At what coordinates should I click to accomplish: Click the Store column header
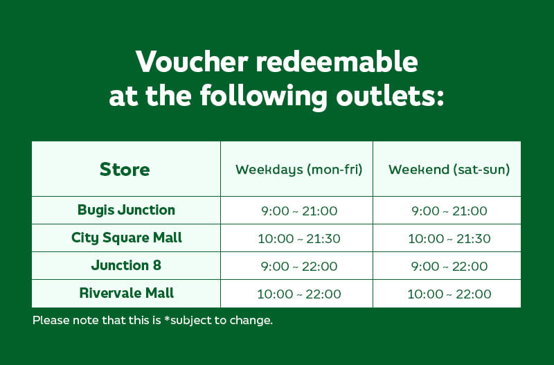(x=125, y=169)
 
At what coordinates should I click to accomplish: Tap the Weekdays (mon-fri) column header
(x=299, y=170)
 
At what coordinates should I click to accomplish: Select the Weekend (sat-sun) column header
(x=449, y=170)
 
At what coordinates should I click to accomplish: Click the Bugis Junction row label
(x=126, y=210)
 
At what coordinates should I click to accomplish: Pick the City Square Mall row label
(x=127, y=238)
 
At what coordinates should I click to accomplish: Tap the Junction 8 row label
(x=126, y=265)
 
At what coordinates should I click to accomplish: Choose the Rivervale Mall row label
(x=127, y=293)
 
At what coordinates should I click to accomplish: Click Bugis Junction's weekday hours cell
(x=299, y=211)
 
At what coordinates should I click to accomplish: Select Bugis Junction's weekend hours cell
(x=449, y=211)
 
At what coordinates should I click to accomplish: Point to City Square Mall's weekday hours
(x=299, y=238)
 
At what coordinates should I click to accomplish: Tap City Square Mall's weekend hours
(x=449, y=238)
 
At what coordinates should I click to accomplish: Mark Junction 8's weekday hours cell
(x=299, y=267)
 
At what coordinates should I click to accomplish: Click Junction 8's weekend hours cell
(x=449, y=267)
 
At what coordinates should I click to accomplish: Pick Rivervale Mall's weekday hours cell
(x=299, y=294)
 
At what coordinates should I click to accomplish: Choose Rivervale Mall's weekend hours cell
(x=449, y=294)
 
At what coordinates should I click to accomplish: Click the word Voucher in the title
(x=192, y=62)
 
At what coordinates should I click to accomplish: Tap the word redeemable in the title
(x=337, y=62)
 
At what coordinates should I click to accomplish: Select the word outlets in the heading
(x=390, y=96)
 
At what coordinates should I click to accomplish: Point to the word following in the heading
(x=264, y=98)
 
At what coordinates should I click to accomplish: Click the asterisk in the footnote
(x=168, y=319)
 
